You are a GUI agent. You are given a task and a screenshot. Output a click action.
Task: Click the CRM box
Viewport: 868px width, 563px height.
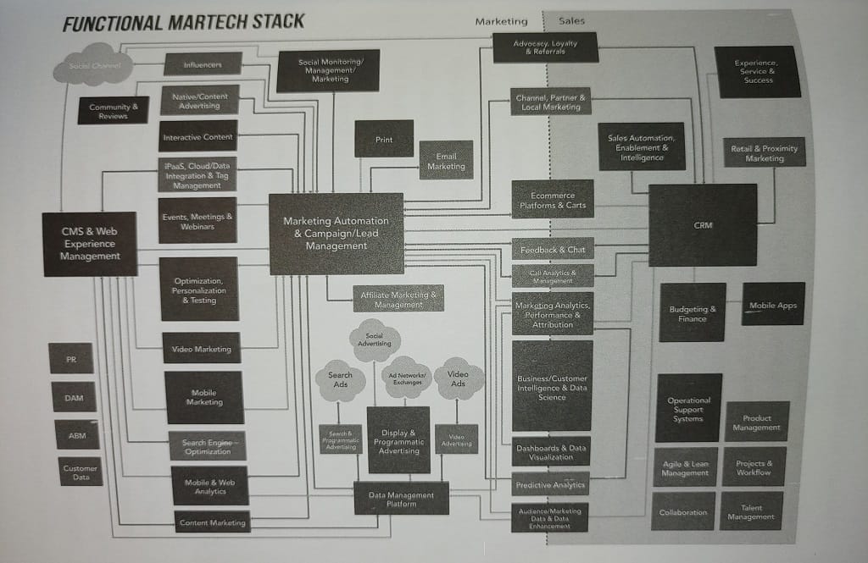point(703,225)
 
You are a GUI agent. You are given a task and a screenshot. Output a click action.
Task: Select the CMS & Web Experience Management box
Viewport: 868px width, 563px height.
point(90,244)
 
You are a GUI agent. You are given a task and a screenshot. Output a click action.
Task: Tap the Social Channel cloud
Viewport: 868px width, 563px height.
point(93,65)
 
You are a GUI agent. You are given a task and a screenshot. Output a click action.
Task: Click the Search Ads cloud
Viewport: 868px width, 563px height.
point(341,380)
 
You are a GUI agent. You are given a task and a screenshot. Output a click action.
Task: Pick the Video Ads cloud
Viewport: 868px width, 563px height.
point(458,378)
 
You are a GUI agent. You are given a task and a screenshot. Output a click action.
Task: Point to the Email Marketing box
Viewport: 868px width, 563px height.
point(446,161)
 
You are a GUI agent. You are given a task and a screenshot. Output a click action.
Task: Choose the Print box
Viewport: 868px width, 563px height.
point(384,139)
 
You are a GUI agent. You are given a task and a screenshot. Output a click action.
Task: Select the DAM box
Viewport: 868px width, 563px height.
point(74,396)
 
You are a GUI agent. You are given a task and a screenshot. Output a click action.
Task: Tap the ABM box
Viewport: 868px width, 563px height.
point(77,434)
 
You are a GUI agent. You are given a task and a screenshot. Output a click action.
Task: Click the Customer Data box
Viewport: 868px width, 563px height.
point(81,472)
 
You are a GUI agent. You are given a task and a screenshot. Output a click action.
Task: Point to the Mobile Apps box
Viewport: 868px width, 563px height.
point(773,305)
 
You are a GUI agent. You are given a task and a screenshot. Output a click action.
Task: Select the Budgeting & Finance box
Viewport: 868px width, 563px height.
point(692,312)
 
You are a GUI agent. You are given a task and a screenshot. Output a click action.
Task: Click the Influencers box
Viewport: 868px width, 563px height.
point(202,63)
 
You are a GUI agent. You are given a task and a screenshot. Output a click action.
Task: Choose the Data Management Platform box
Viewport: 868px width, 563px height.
point(401,499)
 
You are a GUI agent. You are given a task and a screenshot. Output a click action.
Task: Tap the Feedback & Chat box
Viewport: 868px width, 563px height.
point(552,250)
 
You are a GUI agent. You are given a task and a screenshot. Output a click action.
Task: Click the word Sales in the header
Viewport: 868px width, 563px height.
point(571,21)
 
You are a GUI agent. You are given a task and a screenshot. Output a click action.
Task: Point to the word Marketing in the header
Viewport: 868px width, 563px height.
point(501,21)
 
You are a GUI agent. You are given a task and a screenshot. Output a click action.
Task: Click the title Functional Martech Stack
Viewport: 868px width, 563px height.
point(183,22)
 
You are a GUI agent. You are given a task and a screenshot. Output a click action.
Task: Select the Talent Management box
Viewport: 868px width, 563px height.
point(750,511)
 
